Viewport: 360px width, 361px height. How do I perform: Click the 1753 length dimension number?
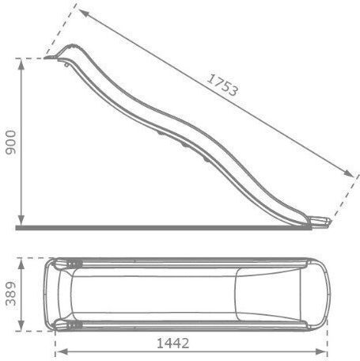point(222,85)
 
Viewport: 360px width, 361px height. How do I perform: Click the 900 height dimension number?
point(11,142)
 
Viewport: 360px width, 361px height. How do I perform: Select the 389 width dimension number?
point(11,294)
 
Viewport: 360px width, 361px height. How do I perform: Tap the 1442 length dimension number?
point(172,344)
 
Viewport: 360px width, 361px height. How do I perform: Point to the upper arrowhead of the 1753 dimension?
point(84,13)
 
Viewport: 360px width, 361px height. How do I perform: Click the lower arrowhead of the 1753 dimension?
point(348,173)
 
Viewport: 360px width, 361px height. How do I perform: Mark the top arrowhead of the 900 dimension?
point(21,64)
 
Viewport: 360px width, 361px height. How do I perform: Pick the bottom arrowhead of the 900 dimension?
point(21,220)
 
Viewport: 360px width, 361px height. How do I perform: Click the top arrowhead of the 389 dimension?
point(21,264)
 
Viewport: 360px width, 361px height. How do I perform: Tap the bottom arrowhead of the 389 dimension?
point(21,325)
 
